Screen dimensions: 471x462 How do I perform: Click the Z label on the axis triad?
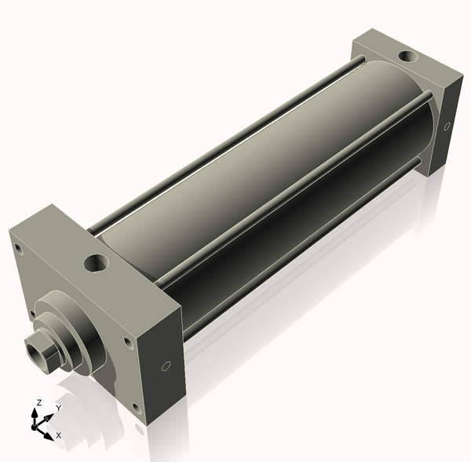click(38, 403)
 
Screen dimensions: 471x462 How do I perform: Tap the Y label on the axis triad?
click(59, 408)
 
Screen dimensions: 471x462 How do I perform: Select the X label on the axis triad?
click(59, 435)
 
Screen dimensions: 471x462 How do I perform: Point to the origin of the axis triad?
click(35, 427)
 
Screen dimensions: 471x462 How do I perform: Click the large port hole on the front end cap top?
click(96, 262)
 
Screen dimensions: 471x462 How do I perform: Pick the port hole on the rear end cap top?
click(407, 57)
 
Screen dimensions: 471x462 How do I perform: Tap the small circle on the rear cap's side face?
click(447, 126)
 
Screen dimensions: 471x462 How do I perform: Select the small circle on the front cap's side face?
click(166, 366)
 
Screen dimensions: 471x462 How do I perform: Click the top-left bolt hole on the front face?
click(19, 249)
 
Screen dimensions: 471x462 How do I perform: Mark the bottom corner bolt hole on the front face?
click(137, 409)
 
